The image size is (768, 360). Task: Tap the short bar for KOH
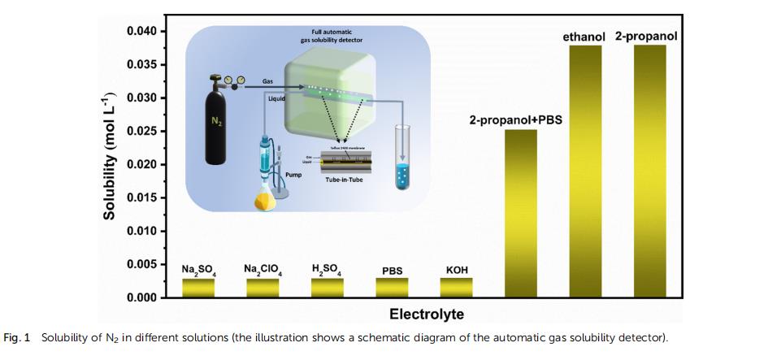[457, 288]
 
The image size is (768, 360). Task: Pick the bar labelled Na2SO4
[197, 288]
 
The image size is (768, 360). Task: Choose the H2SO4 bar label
[327, 269]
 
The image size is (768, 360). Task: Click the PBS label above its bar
[392, 271]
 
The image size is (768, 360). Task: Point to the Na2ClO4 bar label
[262, 269]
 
